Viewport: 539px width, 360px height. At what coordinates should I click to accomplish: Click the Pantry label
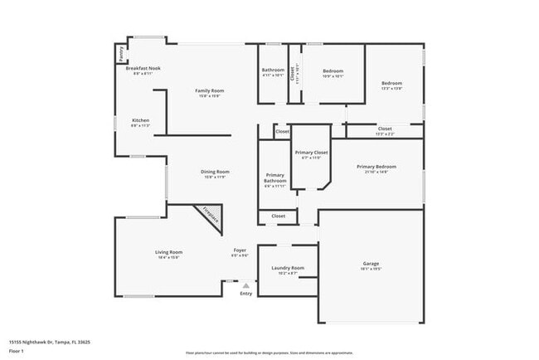click(x=121, y=53)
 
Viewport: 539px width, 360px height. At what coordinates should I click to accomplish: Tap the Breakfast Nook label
click(x=143, y=69)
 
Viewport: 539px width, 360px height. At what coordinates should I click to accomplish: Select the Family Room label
click(x=210, y=90)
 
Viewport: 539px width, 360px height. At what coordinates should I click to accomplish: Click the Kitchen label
click(x=141, y=121)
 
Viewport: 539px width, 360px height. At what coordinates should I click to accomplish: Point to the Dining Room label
click(x=215, y=172)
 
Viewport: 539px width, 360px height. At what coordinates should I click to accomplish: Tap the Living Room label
click(x=168, y=252)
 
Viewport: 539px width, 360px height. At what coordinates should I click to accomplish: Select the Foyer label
click(x=240, y=251)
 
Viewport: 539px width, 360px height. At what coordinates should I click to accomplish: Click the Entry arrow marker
click(x=245, y=285)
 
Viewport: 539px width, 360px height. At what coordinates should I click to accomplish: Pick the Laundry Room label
click(x=288, y=268)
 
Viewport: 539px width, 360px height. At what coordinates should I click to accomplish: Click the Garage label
click(x=371, y=264)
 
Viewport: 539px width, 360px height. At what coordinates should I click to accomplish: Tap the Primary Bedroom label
click(x=376, y=167)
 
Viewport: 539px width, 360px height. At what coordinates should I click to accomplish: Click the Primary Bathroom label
click(x=275, y=178)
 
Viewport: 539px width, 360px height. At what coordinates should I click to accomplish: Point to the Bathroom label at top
click(x=274, y=71)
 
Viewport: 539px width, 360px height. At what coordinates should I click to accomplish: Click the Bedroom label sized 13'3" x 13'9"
click(x=391, y=83)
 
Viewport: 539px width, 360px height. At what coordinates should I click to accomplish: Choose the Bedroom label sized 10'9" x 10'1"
click(x=333, y=71)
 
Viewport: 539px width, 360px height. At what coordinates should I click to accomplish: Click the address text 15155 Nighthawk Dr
click(x=49, y=342)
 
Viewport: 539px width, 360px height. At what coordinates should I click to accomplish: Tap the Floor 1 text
click(x=17, y=352)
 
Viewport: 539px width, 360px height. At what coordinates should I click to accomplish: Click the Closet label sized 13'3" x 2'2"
click(x=385, y=129)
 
